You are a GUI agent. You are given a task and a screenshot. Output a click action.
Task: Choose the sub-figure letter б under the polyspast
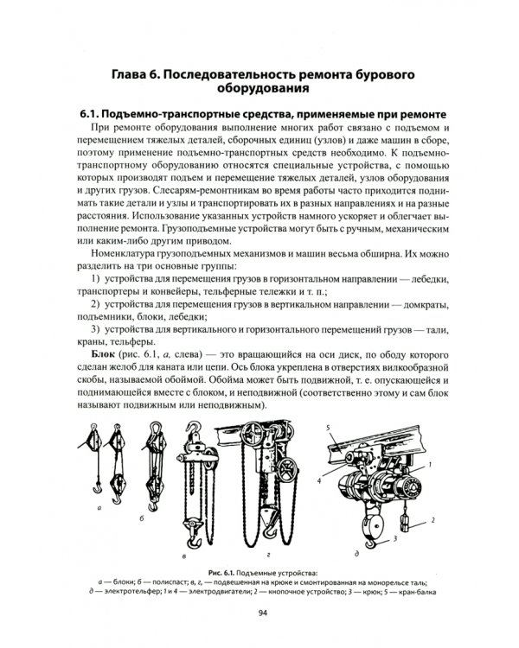(142, 518)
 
